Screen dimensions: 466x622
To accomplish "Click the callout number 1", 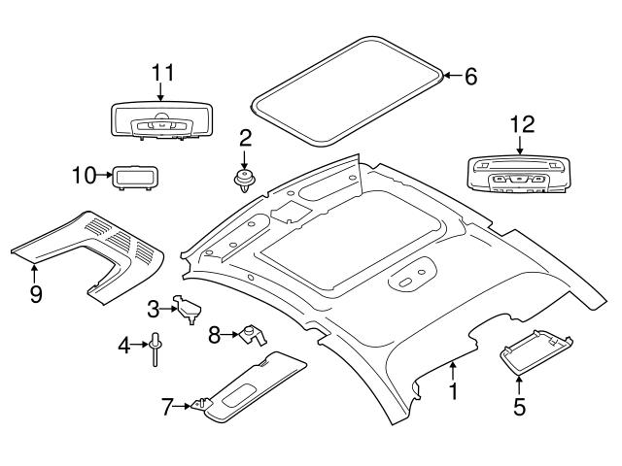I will [x=452, y=393].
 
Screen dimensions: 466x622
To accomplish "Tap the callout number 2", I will [x=245, y=139].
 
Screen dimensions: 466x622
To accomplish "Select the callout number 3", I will [x=154, y=309].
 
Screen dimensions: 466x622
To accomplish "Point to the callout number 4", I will [x=123, y=344].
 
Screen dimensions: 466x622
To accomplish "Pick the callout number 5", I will [x=519, y=407].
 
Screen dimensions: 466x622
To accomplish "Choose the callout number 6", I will [x=470, y=76].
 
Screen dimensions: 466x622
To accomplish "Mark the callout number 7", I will [x=166, y=404].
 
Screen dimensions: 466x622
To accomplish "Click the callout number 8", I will [x=215, y=335].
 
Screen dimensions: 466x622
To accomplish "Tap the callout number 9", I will [x=35, y=294].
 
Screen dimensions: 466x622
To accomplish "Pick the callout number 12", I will [x=522, y=123].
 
